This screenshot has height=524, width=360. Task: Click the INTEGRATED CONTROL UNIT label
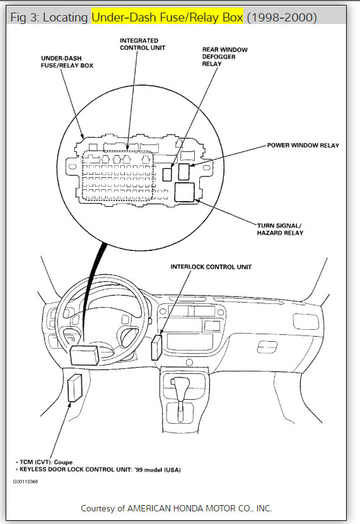(142, 44)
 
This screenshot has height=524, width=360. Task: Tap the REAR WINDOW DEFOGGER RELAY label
(224, 57)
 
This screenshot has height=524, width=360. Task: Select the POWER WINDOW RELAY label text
(303, 146)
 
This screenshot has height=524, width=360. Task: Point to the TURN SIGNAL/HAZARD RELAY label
(280, 230)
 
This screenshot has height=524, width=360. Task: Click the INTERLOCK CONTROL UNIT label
(211, 267)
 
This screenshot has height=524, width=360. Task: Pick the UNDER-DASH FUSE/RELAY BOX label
(67, 62)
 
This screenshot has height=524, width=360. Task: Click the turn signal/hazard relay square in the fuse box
(185, 192)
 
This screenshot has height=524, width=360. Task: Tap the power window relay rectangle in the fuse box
(184, 172)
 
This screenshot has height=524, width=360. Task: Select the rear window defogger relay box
(167, 175)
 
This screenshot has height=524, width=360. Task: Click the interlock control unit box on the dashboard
(156, 347)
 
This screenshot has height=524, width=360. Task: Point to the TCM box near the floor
(74, 388)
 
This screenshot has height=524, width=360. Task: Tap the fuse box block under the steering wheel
(84, 355)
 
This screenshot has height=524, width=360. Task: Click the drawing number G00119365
(25, 482)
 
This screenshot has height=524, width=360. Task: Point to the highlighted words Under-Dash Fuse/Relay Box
(167, 17)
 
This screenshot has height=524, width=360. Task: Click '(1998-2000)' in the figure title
(282, 17)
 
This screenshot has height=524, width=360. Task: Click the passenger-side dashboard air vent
(306, 322)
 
